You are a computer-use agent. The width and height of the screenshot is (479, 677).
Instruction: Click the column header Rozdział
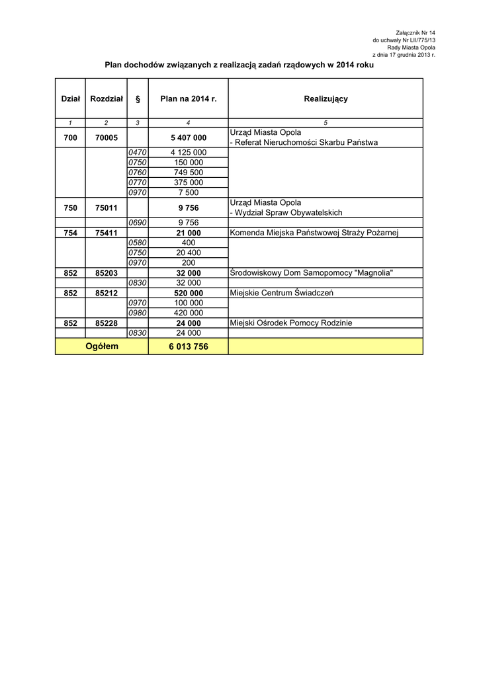coord(107,99)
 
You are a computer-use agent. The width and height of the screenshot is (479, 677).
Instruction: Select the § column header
coord(138,99)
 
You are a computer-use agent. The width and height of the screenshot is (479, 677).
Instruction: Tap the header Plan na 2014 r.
coord(189,99)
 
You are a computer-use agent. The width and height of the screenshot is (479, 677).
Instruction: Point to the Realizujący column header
coord(326,99)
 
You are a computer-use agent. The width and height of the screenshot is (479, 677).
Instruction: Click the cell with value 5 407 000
coord(189,138)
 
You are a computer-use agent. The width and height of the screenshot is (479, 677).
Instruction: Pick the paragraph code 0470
coord(138,153)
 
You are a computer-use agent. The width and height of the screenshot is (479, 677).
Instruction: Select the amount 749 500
coord(189,173)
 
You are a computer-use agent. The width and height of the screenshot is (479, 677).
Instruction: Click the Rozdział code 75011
coord(107,208)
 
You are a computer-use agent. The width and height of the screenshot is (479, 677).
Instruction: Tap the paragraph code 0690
coord(138,223)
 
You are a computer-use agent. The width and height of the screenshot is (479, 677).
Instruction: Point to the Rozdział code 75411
coord(107,233)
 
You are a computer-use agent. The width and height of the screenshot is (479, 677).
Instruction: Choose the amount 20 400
coord(189,253)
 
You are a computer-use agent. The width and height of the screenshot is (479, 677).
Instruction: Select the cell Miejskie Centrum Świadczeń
coord(281,292)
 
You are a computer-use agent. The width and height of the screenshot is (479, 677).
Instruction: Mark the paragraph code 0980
coord(138,313)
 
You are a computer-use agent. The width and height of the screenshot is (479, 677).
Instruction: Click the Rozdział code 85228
coord(107,323)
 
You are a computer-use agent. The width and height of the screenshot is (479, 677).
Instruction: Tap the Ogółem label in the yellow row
coord(102,346)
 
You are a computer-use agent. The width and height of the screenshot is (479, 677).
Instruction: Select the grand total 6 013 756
coord(189,346)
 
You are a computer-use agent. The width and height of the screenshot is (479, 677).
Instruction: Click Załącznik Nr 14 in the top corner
coord(415,32)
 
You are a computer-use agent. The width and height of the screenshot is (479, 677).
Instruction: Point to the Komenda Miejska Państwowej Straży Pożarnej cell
coord(314,233)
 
